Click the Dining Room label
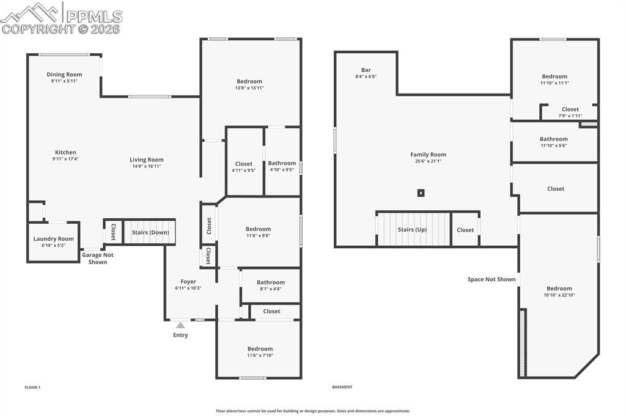64,75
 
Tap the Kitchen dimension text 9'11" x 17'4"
65,159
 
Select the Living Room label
147,160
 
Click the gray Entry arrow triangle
180,325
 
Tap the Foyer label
188,282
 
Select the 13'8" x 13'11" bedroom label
249,81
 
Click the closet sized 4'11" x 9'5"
244,164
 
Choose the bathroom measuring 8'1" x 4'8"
270,282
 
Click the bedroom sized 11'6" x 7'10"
260,349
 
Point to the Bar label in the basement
366,70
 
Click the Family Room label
428,155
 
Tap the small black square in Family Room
421,193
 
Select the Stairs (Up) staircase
412,230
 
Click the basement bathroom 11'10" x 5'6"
554,139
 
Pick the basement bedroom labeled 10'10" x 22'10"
559,289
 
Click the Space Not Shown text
492,279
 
